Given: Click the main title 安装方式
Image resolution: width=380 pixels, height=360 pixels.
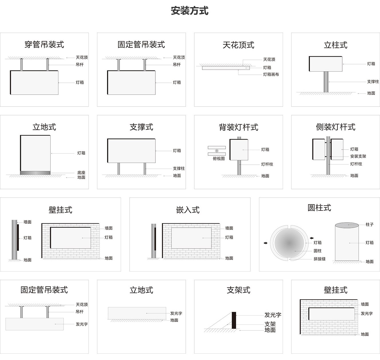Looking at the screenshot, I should click(x=189, y=11).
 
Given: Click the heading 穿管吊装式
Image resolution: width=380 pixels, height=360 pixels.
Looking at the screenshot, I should click(x=44, y=45).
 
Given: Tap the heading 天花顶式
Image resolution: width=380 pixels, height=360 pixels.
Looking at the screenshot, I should click(x=238, y=45).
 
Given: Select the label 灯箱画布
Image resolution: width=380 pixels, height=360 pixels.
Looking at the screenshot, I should click(x=271, y=74).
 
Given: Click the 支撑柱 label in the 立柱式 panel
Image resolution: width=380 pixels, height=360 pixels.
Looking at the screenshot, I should click(x=373, y=82).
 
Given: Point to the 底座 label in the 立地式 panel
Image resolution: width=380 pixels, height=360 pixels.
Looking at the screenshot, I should click(x=81, y=173).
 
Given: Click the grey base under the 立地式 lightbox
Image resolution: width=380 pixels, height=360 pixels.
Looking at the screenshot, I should click(x=35, y=173).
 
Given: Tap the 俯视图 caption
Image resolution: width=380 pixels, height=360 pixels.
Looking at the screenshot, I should click(x=219, y=159).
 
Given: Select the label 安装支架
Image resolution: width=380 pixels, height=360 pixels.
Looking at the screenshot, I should click(x=358, y=156).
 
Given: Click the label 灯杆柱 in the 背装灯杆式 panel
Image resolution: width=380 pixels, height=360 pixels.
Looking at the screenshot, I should click(x=267, y=164).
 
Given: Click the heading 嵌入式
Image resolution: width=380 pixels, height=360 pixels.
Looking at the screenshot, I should click(x=188, y=210).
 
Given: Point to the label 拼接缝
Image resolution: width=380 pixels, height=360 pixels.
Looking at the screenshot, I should click(x=319, y=259).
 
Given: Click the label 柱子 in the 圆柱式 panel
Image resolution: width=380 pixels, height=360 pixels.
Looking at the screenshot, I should click(x=369, y=225).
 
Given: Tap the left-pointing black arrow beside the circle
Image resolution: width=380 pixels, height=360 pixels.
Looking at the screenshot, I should click(x=312, y=238).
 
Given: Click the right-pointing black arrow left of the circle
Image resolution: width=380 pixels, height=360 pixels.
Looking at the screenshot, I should click(x=266, y=243).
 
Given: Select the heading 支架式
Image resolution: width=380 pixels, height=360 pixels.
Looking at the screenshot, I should click(x=238, y=290).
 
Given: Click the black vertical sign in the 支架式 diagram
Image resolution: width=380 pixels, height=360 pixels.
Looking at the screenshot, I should click(x=234, y=320).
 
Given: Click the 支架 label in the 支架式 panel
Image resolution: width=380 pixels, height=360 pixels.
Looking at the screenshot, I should click(x=270, y=324).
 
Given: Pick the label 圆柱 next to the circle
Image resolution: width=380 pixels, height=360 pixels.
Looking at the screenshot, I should click(x=317, y=251).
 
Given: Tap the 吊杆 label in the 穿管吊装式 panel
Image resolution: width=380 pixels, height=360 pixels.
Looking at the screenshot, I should click(x=80, y=65).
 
